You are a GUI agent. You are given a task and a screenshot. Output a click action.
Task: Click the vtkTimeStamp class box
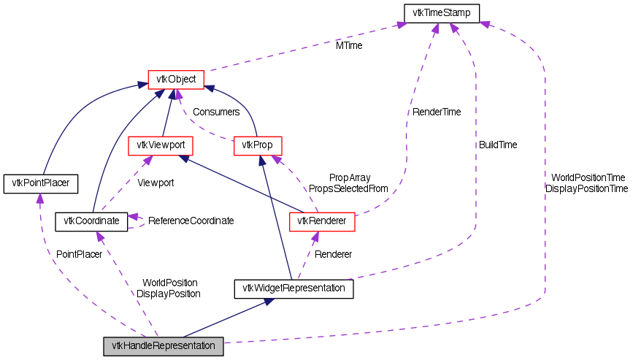click(441, 13)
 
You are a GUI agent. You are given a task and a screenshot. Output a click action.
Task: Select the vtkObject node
click(175, 79)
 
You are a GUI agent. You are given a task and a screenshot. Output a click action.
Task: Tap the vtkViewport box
click(160, 145)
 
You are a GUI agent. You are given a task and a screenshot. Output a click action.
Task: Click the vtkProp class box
click(258, 145)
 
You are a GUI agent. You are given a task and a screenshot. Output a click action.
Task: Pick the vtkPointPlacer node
click(40, 183)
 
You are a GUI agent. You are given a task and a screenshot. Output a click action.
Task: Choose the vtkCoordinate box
click(92, 220)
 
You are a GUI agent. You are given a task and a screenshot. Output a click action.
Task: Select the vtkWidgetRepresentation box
click(294, 288)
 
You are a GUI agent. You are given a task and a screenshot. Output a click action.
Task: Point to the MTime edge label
click(349, 45)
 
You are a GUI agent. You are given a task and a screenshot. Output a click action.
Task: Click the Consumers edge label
click(216, 112)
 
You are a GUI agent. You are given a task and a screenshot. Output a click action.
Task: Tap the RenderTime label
click(437, 112)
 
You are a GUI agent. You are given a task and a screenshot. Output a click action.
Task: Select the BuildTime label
click(497, 145)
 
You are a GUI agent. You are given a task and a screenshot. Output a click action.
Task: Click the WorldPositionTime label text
click(588, 177)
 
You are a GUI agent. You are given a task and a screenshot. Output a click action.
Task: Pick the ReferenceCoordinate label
click(191, 221)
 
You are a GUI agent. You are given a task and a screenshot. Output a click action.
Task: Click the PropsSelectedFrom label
click(348, 188)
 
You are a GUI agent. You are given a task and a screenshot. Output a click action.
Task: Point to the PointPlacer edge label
click(79, 253)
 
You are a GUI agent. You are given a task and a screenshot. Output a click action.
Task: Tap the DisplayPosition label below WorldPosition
click(169, 293)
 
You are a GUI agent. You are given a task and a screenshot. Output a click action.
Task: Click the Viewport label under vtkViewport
click(156, 183)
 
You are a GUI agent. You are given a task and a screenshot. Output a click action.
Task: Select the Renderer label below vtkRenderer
click(333, 254)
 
